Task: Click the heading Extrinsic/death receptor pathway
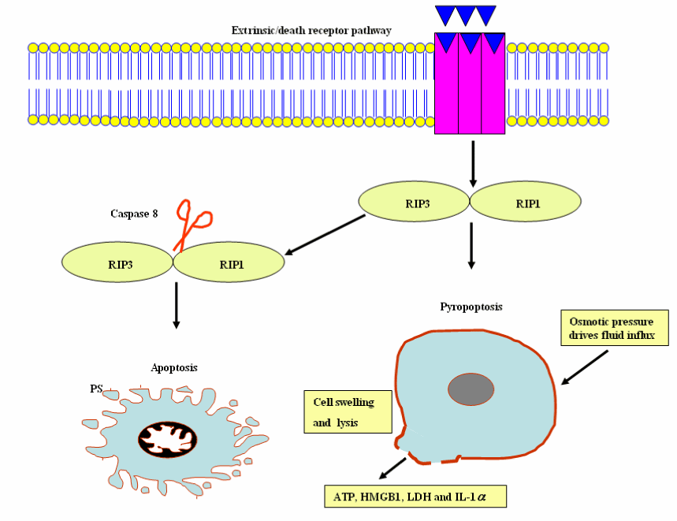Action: (311, 31)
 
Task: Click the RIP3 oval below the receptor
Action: (415, 203)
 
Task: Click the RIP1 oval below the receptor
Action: (526, 203)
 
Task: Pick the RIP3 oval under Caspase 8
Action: (117, 264)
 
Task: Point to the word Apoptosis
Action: (174, 367)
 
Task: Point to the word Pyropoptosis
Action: (471, 306)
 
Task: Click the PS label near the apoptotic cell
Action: (97, 388)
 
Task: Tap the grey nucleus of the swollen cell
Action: (471, 389)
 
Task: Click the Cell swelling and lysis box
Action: (348, 411)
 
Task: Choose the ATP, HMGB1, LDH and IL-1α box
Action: (415, 497)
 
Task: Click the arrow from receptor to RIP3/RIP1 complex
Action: (471, 163)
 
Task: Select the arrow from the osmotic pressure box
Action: (584, 367)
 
